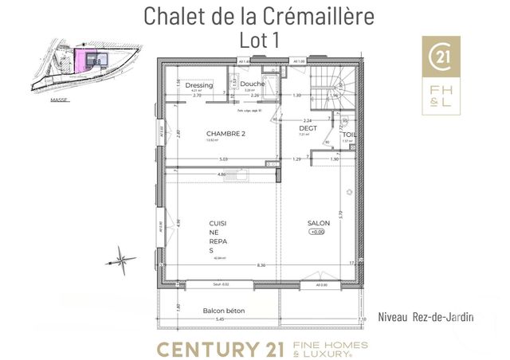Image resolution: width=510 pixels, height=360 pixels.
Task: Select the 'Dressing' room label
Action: pos(198,84)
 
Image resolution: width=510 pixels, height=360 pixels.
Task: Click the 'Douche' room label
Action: pos(252,84)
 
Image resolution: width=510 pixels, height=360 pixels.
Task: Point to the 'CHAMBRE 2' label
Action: pos(225,133)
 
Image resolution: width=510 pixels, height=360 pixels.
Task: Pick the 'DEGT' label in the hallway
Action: pos(308,128)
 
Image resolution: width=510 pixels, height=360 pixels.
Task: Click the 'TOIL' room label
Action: pos(350,134)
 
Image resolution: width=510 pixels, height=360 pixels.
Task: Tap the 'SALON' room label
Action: pos(318,223)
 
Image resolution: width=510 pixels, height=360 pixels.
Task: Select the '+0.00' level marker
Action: pos(318,233)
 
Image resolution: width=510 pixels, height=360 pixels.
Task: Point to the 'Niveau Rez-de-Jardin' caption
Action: pos(426,316)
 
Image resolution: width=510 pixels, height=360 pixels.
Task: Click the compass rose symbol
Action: pos(120,258)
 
